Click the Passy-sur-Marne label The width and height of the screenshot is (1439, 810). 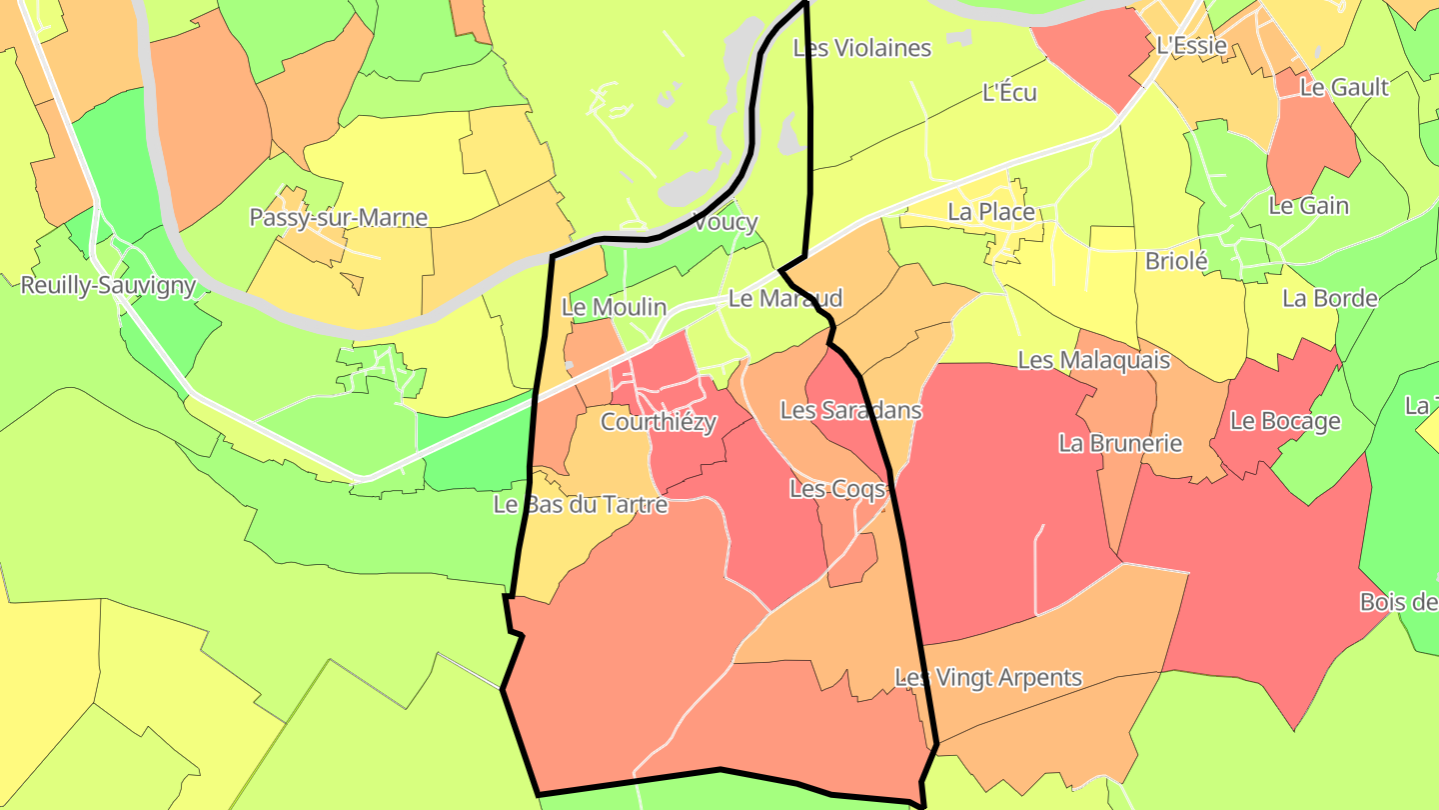coord(338,218)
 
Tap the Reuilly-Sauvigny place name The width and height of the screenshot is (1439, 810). coord(108,285)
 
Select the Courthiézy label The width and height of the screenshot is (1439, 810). coord(659,423)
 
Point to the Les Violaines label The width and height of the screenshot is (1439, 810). coord(861,48)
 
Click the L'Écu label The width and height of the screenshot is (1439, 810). coord(1009,93)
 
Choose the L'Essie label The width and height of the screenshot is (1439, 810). coord(1190,45)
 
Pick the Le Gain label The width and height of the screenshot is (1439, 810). coord(1308,206)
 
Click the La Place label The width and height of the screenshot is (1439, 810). coord(990,212)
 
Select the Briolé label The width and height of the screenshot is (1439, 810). coord(1176,262)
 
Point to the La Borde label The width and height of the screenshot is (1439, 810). coord(1329,299)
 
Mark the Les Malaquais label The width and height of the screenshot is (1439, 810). coord(1093,360)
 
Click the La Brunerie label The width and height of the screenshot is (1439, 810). coord(1120,443)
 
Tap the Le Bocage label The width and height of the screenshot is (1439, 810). coord(1285,421)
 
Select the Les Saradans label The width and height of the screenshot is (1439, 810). coord(850,410)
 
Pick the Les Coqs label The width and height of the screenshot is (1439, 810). coord(837,489)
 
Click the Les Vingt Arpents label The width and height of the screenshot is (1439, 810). coord(987,678)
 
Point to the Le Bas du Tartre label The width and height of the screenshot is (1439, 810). coord(581,505)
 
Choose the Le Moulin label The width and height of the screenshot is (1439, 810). coord(614,307)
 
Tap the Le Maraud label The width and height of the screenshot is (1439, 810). coord(784,298)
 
